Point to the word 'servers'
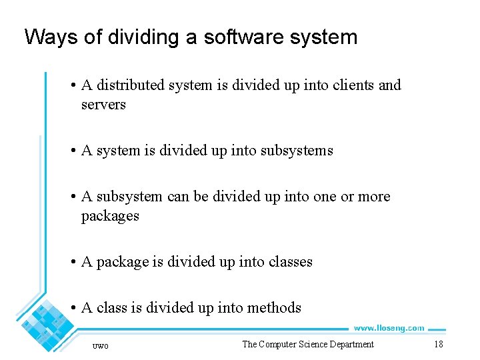pyautogui.click(x=103, y=105)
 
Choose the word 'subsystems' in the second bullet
pyautogui.click(x=297, y=151)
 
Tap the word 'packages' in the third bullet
pyautogui.click(x=110, y=216)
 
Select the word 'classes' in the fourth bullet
pyautogui.click(x=290, y=262)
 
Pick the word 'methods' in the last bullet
pyautogui.click(x=274, y=308)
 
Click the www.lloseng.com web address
pyautogui.click(x=389, y=328)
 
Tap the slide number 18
pyautogui.click(x=438, y=344)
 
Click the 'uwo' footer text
pyautogui.click(x=100, y=345)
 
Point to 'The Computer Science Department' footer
pyautogui.click(x=308, y=344)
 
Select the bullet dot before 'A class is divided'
pyautogui.click(x=73, y=308)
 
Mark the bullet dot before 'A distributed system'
pyautogui.click(x=73, y=85)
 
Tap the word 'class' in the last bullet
pyautogui.click(x=111, y=308)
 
